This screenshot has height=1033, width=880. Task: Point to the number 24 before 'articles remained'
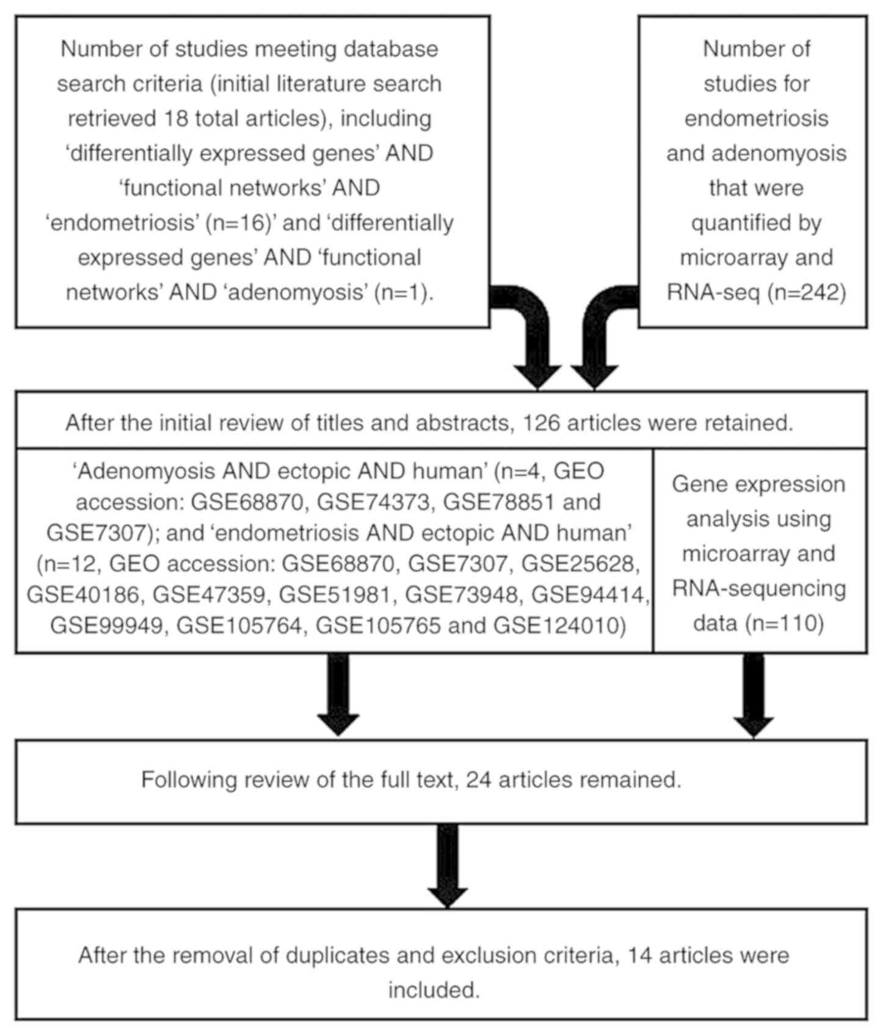pos(479,779)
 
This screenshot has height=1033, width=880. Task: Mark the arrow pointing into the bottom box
pos(448,864)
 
